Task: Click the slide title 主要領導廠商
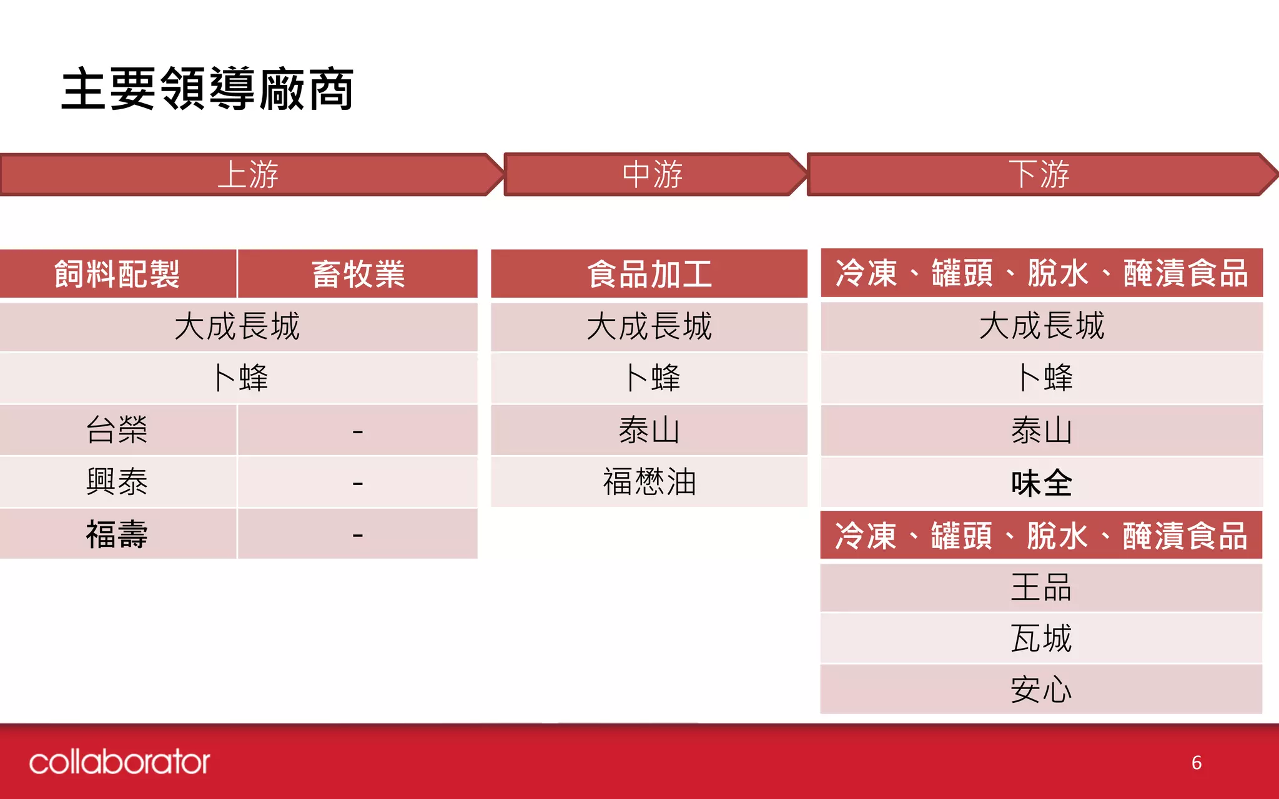pyautogui.click(x=207, y=89)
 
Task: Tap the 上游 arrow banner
pyautogui.click(x=249, y=174)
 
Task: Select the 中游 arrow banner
pyautogui.click(x=652, y=174)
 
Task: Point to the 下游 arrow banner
pyautogui.click(x=1039, y=174)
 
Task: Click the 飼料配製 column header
pyautogui.click(x=117, y=274)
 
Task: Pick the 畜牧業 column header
pyautogui.click(x=358, y=274)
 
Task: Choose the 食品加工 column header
pyautogui.click(x=649, y=274)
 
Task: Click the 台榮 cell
pyautogui.click(x=117, y=430)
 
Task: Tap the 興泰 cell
pyautogui.click(x=117, y=482)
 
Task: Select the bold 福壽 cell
pyautogui.click(x=117, y=534)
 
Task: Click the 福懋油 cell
pyautogui.click(x=649, y=482)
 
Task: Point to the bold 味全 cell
pyautogui.click(x=1041, y=483)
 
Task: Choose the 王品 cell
pyautogui.click(x=1041, y=587)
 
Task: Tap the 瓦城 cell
pyautogui.click(x=1041, y=639)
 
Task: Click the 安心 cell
pyautogui.click(x=1041, y=690)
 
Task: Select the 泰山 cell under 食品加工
pyautogui.click(x=649, y=430)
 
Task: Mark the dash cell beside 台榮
pyautogui.click(x=358, y=431)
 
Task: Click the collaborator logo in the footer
pyautogui.click(x=119, y=762)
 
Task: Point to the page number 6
pyautogui.click(x=1196, y=763)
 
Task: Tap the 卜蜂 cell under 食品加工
pyautogui.click(x=652, y=378)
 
